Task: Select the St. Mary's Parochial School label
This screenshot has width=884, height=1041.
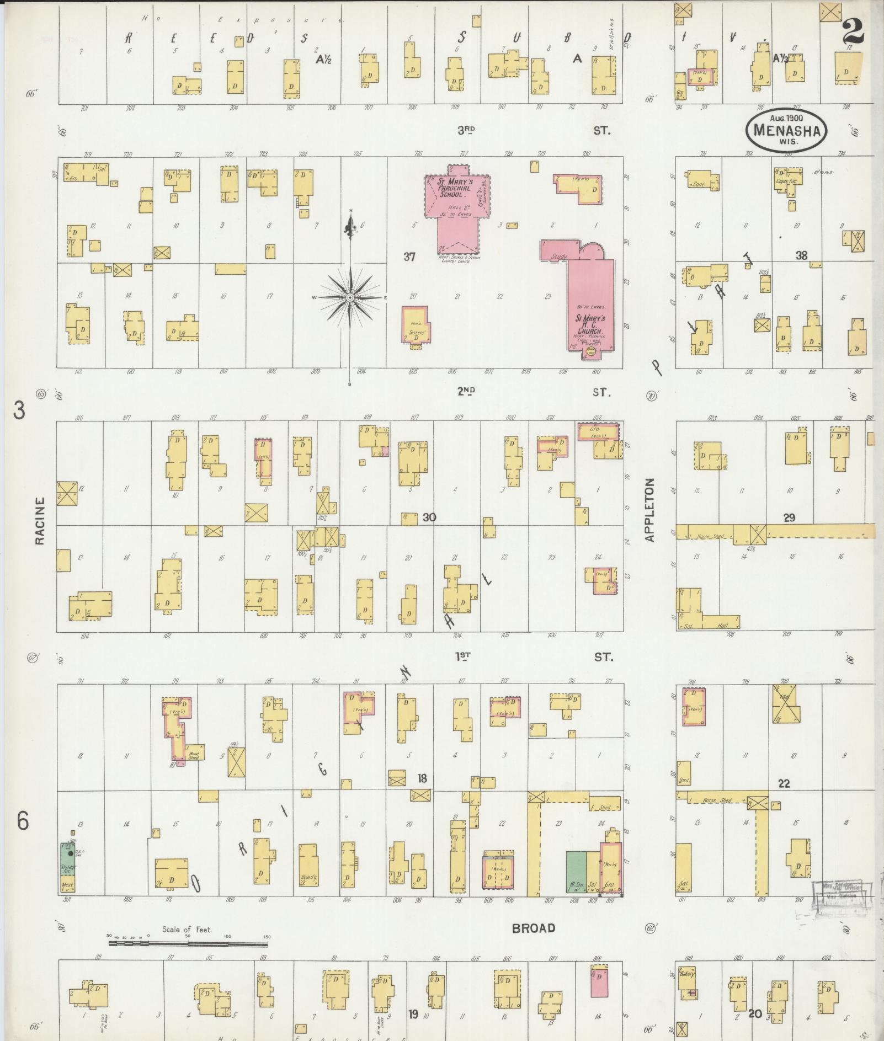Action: click(x=453, y=188)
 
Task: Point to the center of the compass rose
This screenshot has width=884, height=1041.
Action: click(x=350, y=298)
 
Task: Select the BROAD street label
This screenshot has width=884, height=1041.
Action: click(x=533, y=928)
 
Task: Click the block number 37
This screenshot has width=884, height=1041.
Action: click(x=409, y=257)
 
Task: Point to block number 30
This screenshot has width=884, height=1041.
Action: click(x=429, y=517)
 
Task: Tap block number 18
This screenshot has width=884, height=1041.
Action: click(x=422, y=778)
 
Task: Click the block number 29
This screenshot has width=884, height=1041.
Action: click(x=789, y=517)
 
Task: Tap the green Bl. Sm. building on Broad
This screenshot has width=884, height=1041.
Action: click(x=576, y=872)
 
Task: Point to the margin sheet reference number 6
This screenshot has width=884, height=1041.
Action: click(x=22, y=821)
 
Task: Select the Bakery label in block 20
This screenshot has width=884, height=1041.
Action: click(x=686, y=974)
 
